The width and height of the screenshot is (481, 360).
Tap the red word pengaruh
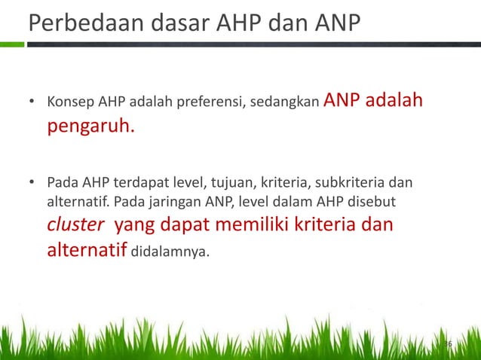90,126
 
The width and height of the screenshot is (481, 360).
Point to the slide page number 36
447,344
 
